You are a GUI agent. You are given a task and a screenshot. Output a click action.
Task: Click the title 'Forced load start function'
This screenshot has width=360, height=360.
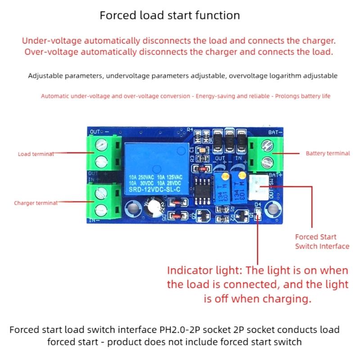tap(170, 15)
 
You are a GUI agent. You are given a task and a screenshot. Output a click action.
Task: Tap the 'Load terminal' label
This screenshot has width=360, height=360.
tap(36, 154)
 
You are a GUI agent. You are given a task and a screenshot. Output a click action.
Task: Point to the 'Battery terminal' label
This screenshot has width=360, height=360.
tap(328, 153)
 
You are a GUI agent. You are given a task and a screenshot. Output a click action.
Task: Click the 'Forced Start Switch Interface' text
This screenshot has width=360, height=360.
tap(322, 242)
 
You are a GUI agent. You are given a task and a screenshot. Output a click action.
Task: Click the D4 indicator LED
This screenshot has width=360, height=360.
tap(257, 218)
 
